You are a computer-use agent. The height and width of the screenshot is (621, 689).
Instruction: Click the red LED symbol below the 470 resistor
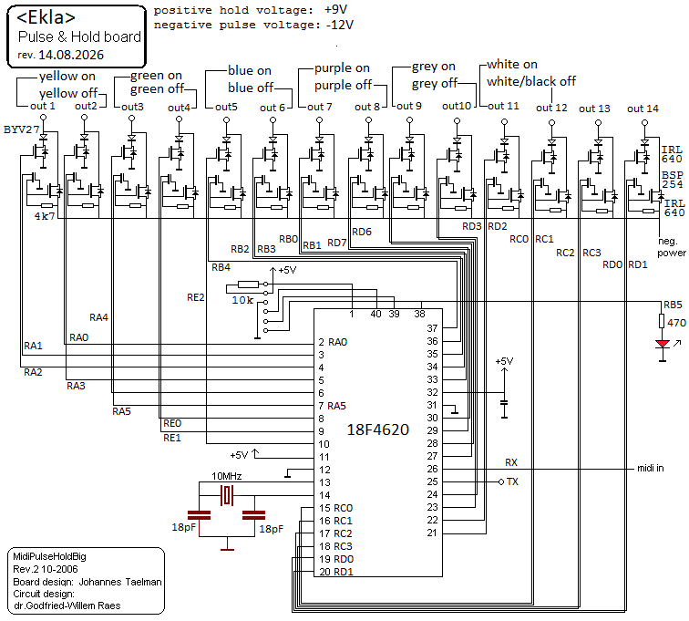click(663, 344)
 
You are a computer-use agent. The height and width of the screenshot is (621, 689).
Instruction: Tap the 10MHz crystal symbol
click(227, 496)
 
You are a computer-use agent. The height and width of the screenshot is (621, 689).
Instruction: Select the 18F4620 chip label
click(378, 430)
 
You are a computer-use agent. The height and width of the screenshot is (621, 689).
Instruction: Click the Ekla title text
click(46, 17)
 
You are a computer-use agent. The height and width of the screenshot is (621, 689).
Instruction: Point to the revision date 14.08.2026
click(71, 55)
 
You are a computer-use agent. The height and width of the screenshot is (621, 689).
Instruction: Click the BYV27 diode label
click(21, 129)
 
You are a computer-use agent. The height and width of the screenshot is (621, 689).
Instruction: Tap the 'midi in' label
click(651, 468)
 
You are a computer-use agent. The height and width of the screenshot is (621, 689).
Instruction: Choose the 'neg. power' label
click(671, 247)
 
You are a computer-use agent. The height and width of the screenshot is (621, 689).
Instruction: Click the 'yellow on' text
click(67, 77)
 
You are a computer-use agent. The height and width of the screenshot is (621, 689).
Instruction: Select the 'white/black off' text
click(531, 81)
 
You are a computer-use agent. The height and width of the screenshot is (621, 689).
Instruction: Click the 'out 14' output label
click(643, 109)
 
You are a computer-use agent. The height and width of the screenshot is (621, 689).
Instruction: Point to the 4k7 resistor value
click(45, 216)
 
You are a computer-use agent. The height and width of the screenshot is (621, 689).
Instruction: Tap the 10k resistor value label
click(242, 300)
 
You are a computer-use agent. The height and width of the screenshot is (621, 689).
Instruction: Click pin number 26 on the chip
click(432, 469)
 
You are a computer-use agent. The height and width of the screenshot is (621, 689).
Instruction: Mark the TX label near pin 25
click(512, 481)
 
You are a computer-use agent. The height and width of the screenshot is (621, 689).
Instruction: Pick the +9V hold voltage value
click(335, 10)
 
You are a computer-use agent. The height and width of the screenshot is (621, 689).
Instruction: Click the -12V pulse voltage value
click(340, 25)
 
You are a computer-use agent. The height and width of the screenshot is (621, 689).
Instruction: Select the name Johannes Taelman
click(120, 582)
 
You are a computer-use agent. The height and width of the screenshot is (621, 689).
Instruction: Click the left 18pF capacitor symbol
click(199, 515)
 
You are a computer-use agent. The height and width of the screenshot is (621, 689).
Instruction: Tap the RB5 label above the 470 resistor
click(673, 305)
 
